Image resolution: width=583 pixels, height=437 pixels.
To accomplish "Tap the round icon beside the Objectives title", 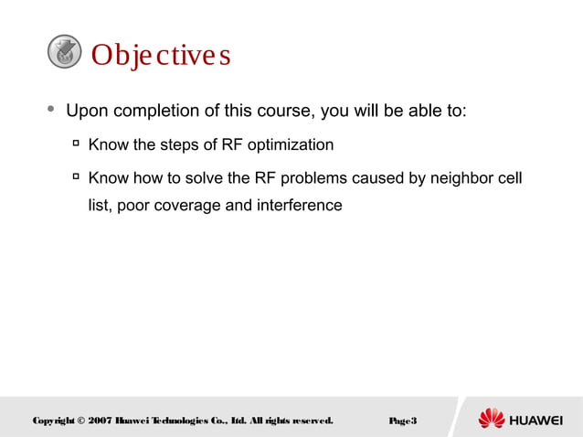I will point(64,52).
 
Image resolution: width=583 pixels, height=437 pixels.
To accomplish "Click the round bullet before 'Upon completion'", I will point(51,110).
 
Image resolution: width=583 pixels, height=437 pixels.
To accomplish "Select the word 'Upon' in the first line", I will point(87,112).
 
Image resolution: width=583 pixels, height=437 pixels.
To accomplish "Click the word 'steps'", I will point(182,144).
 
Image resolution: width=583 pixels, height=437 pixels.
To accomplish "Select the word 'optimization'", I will point(289,144).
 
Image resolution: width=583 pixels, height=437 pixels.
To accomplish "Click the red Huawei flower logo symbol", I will point(492,419).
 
